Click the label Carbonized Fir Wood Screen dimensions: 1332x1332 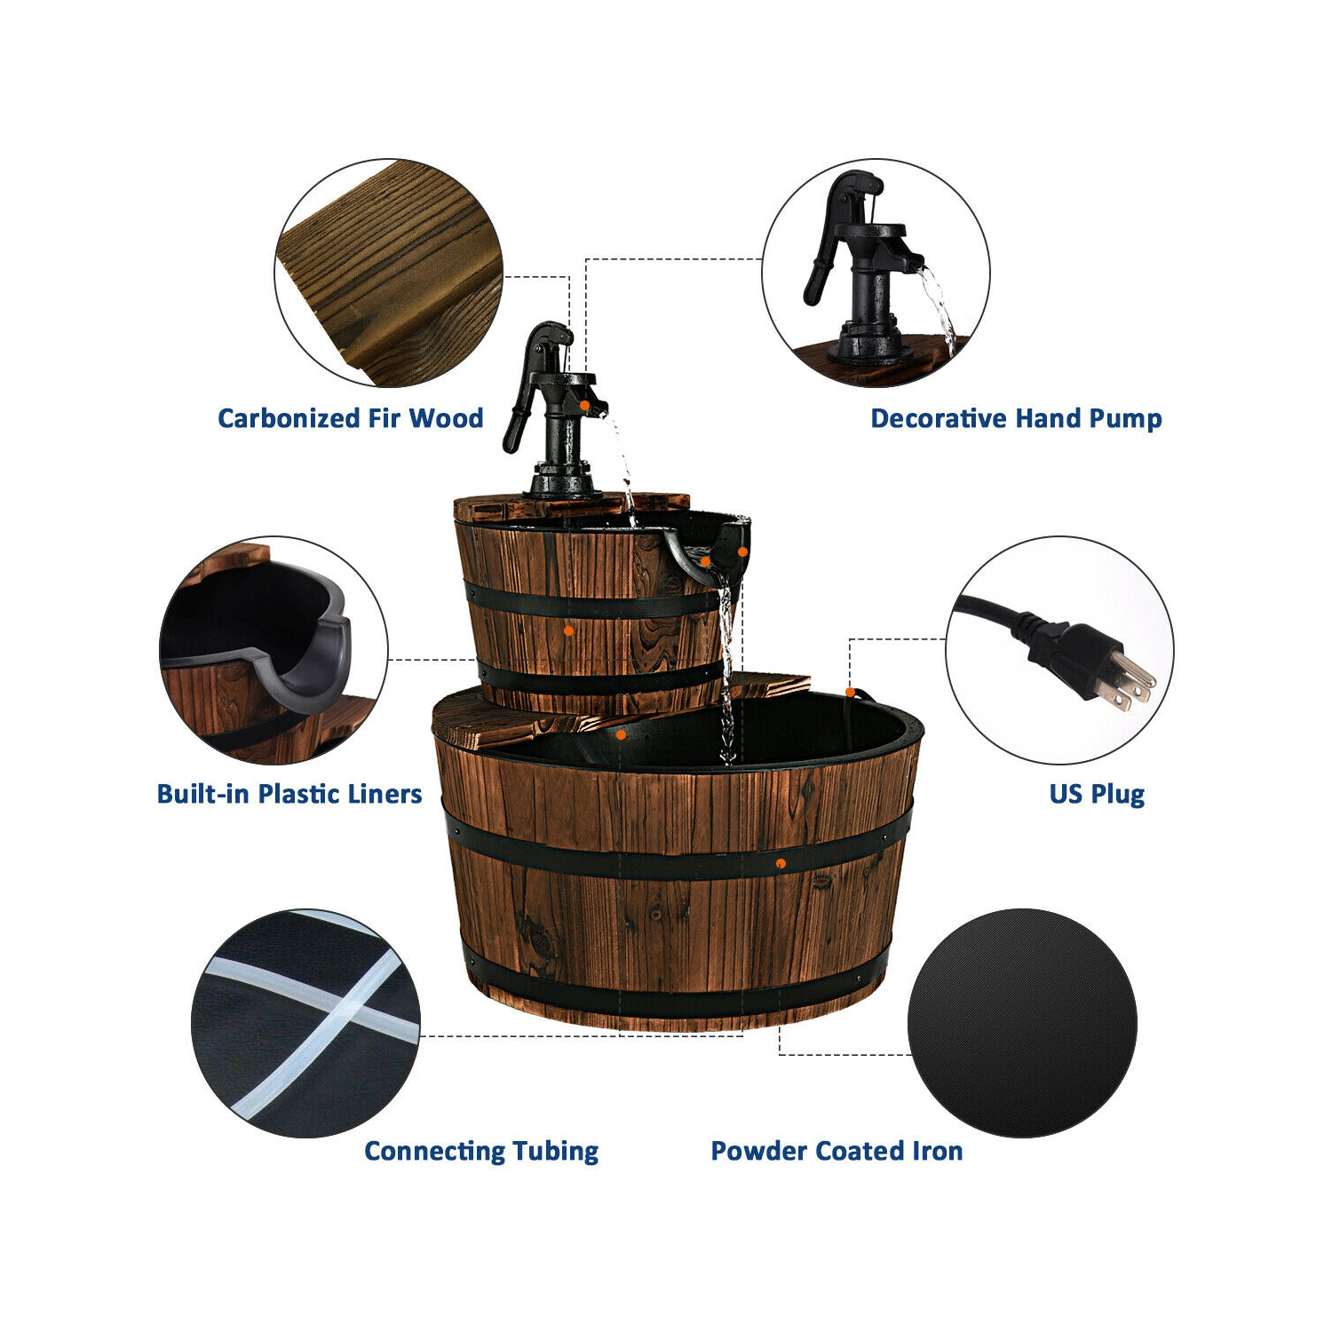pyautogui.click(x=350, y=418)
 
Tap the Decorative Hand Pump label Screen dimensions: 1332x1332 pyautogui.click(x=1016, y=418)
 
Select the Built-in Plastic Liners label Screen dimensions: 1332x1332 pyautogui.click(x=289, y=794)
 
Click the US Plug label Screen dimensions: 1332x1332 pyautogui.click(x=1097, y=794)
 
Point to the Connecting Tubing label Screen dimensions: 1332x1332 pyautogui.click(x=481, y=1151)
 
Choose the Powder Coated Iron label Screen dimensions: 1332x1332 pyautogui.click(x=836, y=1151)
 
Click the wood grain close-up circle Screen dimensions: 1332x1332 pyautogui.click(x=389, y=274)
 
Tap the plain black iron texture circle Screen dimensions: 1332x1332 pyautogui.click(x=1022, y=1022)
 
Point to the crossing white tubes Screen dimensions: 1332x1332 pyautogui.click(x=342, y=1013)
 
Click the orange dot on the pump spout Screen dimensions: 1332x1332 pyautogui.click(x=585, y=405)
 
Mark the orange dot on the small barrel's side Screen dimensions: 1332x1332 pyautogui.click(x=568, y=630)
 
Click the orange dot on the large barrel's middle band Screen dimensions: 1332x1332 pyautogui.click(x=781, y=863)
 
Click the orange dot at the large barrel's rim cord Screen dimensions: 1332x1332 pyautogui.click(x=850, y=692)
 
